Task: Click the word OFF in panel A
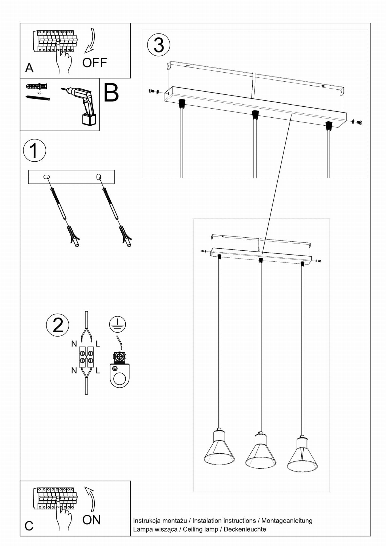(94, 63)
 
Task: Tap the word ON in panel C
(91, 520)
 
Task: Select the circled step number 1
(34, 150)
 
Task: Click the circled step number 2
(58, 325)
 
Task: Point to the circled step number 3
(159, 45)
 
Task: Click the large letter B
(111, 93)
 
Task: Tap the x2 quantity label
(39, 93)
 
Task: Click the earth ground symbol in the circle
(117, 324)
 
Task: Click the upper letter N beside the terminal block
(74, 344)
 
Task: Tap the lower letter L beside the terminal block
(98, 370)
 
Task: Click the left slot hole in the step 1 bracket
(46, 177)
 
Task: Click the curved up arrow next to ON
(91, 499)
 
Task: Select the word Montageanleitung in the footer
(287, 520)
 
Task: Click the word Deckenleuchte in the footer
(245, 529)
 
